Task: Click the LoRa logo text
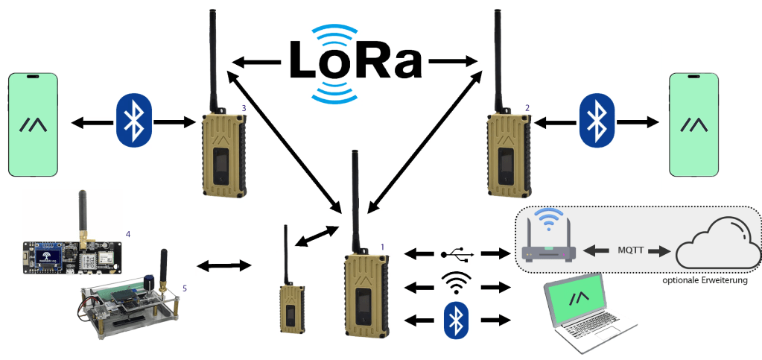(x=355, y=61)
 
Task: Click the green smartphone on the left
(x=33, y=124)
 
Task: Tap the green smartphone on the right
(x=694, y=124)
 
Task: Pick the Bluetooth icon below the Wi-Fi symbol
(x=455, y=320)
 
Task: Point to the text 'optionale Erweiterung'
(x=704, y=282)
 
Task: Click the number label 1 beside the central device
(x=383, y=246)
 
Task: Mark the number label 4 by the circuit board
(x=128, y=234)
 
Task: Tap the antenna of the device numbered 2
(x=497, y=60)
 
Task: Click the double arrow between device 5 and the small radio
(x=222, y=265)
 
